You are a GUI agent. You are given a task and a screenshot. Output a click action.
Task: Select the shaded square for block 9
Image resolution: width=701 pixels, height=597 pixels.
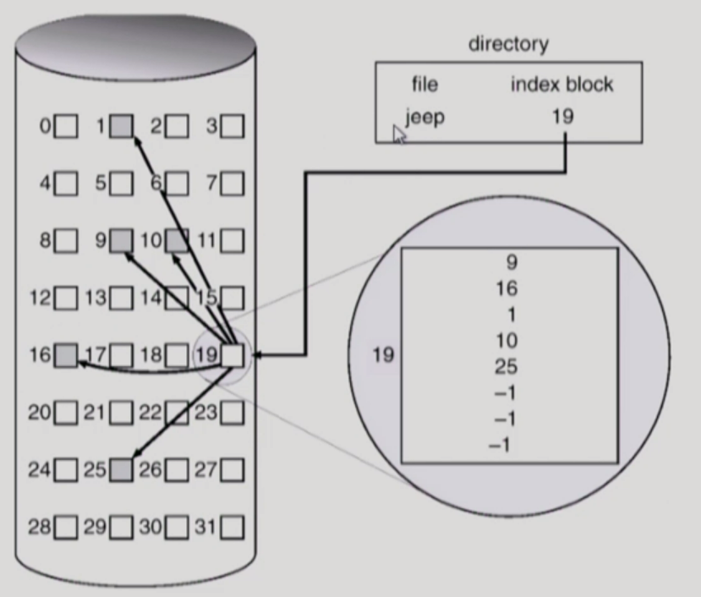click(x=122, y=241)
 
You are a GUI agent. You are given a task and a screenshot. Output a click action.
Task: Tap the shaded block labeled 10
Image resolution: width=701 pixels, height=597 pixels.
click(x=177, y=241)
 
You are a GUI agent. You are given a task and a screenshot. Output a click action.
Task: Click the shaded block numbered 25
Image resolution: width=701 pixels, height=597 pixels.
click(x=122, y=469)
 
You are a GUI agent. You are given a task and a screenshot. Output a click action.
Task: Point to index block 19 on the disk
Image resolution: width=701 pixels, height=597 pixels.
click(x=232, y=355)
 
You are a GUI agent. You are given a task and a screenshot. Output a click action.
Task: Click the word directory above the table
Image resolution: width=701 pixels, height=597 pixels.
click(x=508, y=44)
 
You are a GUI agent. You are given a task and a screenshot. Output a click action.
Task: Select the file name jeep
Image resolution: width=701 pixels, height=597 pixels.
click(x=424, y=117)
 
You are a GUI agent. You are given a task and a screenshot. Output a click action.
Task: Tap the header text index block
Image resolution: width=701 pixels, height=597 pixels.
click(x=561, y=85)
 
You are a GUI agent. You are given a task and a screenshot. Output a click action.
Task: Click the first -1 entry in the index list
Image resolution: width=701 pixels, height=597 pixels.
click(x=504, y=393)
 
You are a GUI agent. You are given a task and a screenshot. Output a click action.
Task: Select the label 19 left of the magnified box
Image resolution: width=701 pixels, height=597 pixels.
click(x=383, y=355)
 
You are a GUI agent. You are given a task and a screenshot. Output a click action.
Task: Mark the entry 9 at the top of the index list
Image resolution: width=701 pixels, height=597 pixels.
click(x=511, y=262)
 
